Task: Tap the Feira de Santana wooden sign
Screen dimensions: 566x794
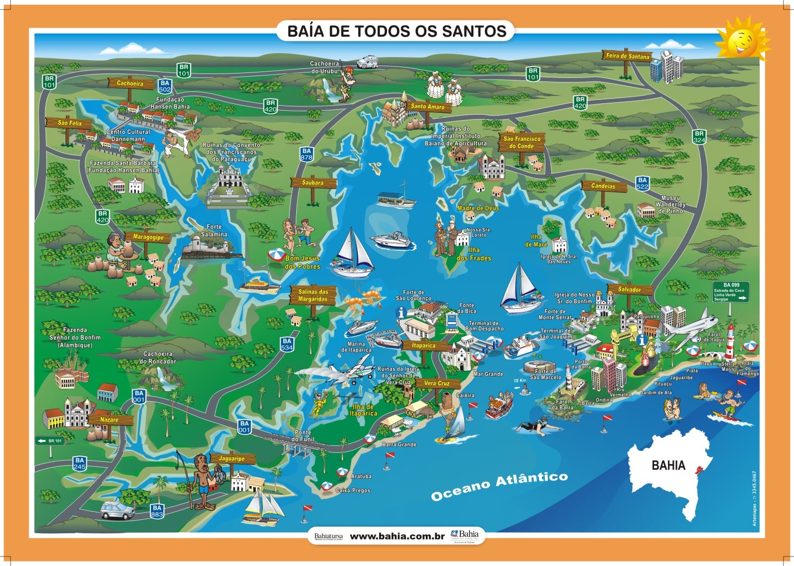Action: [627, 56]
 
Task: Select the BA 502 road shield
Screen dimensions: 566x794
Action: [165, 86]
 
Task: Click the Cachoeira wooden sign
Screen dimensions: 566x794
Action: [130, 83]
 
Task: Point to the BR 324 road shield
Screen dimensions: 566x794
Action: [699, 137]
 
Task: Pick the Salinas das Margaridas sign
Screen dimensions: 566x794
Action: [313, 295]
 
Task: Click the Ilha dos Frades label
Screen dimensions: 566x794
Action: [473, 254]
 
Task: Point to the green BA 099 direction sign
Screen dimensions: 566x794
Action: [730, 292]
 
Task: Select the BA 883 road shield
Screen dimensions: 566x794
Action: [157, 511]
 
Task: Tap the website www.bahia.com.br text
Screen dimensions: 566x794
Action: [397, 536]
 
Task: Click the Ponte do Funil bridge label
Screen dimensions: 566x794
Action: [302, 436]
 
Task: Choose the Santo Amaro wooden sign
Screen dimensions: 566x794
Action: [427, 106]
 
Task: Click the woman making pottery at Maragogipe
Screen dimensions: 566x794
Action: [118, 248]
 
